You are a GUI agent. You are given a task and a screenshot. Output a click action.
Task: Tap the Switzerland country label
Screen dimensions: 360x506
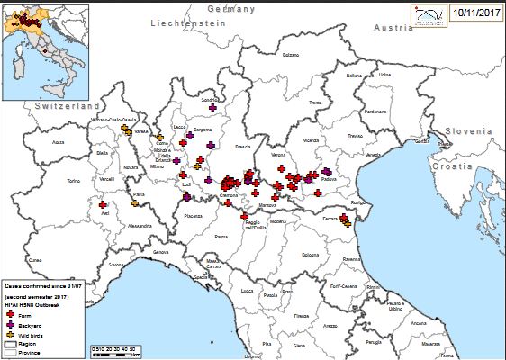point(67,106)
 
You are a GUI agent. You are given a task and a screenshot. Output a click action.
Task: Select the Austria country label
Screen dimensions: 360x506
point(393,28)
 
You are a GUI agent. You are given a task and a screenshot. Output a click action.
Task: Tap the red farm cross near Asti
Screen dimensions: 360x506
point(102,205)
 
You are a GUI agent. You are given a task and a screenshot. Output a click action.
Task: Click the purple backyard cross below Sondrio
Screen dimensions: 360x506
point(212,108)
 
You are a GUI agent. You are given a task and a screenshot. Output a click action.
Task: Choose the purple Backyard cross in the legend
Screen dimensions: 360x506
point(10,324)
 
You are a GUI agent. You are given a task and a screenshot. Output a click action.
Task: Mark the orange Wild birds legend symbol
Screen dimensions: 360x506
point(10,334)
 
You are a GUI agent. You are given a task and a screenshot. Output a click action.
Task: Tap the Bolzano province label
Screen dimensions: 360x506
point(290,55)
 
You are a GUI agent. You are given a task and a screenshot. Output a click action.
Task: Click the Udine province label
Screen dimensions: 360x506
point(385,75)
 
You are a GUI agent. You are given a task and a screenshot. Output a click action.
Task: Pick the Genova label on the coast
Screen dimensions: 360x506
point(160,252)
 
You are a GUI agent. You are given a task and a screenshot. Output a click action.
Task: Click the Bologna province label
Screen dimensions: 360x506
point(311,256)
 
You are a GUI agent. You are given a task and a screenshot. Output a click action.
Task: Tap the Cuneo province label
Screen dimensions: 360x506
point(35,260)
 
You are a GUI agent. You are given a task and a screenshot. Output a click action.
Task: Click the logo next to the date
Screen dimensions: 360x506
point(428,14)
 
